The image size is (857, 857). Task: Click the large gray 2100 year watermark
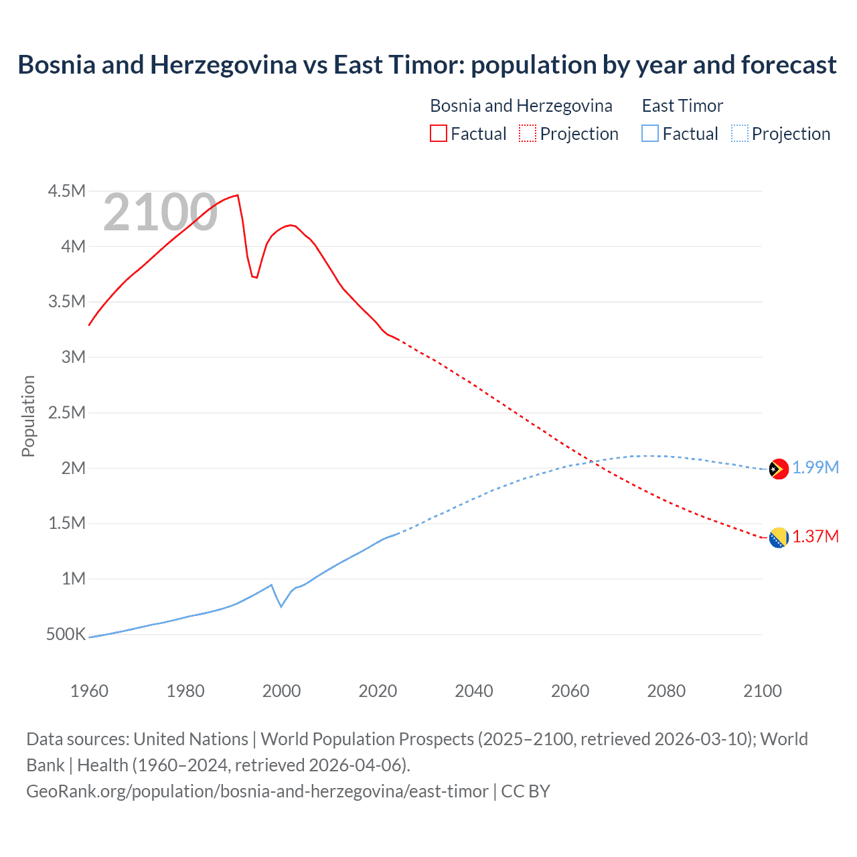(x=160, y=212)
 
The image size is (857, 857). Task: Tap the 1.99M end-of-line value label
(x=815, y=467)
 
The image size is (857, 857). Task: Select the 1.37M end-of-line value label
(x=815, y=536)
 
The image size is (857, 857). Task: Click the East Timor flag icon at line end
(x=779, y=469)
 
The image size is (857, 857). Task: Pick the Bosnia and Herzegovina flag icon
(x=779, y=538)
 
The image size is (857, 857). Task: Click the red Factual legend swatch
(x=439, y=133)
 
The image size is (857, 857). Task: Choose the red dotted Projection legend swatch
(x=528, y=133)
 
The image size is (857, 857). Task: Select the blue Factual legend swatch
(x=650, y=133)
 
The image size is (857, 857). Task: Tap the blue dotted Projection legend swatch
(x=740, y=133)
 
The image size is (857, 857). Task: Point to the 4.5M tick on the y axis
(x=67, y=191)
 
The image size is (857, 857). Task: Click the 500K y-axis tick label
(x=66, y=634)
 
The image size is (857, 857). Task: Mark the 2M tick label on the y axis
(x=74, y=468)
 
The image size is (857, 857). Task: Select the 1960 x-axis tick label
(x=89, y=691)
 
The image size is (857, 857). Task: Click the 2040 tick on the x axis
(x=474, y=691)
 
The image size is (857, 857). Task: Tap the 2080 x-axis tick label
(x=666, y=691)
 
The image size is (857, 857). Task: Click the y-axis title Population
(x=28, y=416)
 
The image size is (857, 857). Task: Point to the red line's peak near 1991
(x=238, y=196)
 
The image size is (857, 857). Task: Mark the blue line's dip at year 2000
(x=281, y=606)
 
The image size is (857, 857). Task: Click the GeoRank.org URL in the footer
(x=257, y=791)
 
